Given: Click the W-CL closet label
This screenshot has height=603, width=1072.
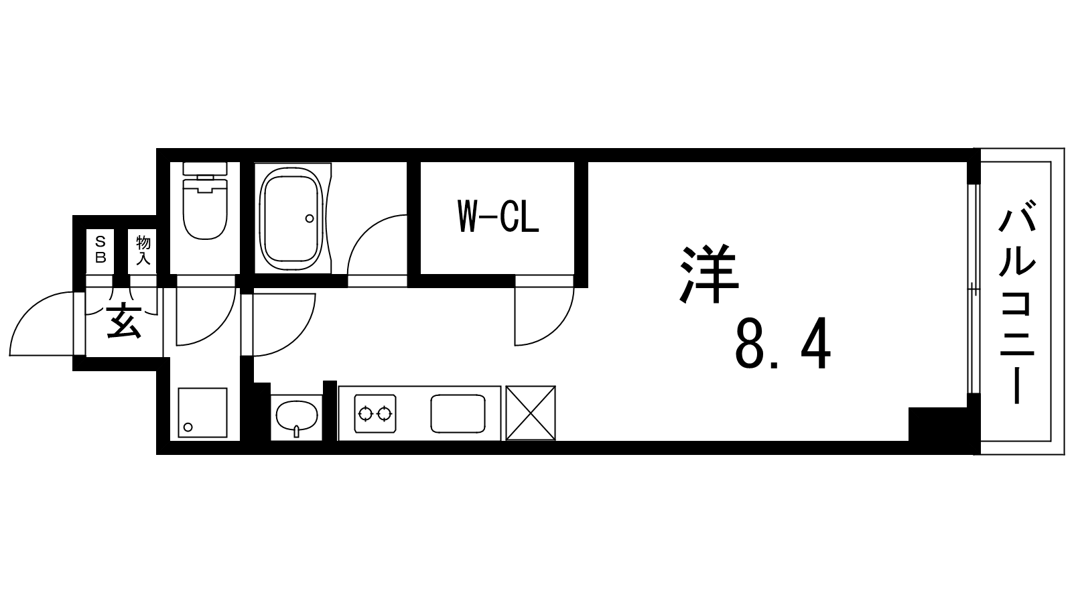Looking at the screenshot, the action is pyautogui.click(x=498, y=217).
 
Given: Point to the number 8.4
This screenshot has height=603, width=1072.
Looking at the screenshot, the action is pyautogui.click(x=783, y=344).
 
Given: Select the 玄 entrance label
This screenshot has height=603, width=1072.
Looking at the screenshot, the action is pyautogui.click(x=124, y=321).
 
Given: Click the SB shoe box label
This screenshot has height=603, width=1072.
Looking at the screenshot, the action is pyautogui.click(x=100, y=249).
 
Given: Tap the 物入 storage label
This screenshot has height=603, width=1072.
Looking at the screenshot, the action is pyautogui.click(x=143, y=250).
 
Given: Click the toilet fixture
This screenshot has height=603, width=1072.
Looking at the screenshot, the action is pyautogui.click(x=205, y=201).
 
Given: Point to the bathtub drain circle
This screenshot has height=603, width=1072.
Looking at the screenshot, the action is pyautogui.click(x=310, y=218).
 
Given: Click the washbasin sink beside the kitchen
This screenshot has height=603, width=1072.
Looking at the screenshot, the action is pyautogui.click(x=297, y=416).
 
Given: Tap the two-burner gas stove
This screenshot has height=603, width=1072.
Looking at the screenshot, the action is pyautogui.click(x=375, y=413).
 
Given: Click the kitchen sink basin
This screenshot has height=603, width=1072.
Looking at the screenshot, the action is pyautogui.click(x=458, y=413).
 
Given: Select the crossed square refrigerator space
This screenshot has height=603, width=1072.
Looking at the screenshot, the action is pyautogui.click(x=531, y=413).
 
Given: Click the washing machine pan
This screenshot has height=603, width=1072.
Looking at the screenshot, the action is pyautogui.click(x=202, y=413).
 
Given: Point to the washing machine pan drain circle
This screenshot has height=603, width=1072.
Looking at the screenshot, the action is pyautogui.click(x=188, y=427).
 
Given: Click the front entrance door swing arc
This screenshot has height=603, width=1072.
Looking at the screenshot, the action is pyautogui.click(x=29, y=309).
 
